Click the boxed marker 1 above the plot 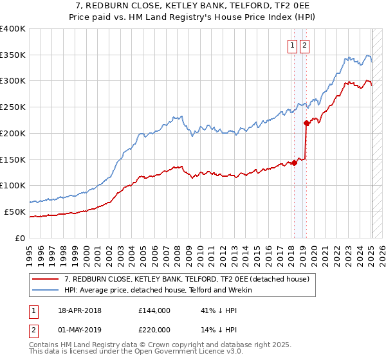coord(292,45)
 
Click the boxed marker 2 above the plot coord(304,45)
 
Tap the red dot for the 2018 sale coord(294,163)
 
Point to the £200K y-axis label coord(12,133)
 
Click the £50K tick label coord(15,212)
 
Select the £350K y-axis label coord(12,55)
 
